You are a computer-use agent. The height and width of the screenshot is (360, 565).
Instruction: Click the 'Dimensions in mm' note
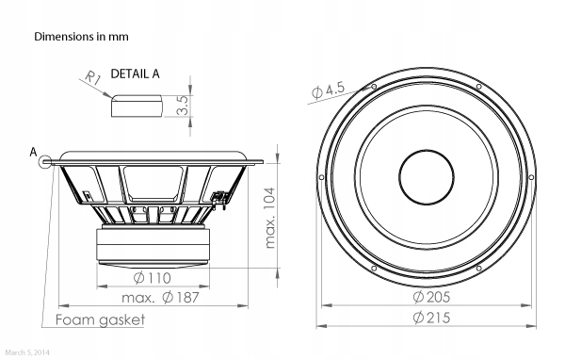(x=81, y=37)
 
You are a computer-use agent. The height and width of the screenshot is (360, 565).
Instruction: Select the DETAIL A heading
(x=135, y=74)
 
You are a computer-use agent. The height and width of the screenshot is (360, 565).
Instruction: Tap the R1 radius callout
(x=93, y=78)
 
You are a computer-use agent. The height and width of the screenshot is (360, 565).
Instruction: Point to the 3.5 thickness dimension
(x=183, y=105)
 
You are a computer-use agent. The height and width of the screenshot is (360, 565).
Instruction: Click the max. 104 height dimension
(x=270, y=218)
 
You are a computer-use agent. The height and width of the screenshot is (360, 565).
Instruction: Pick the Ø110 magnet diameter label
(x=152, y=278)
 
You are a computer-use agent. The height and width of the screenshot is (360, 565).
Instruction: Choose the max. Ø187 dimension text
(x=160, y=298)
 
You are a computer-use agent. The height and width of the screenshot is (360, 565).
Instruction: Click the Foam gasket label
(x=100, y=319)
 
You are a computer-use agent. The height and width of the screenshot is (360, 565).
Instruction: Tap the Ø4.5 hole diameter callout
(x=328, y=90)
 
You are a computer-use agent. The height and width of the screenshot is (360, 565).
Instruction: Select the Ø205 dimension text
(x=431, y=297)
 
